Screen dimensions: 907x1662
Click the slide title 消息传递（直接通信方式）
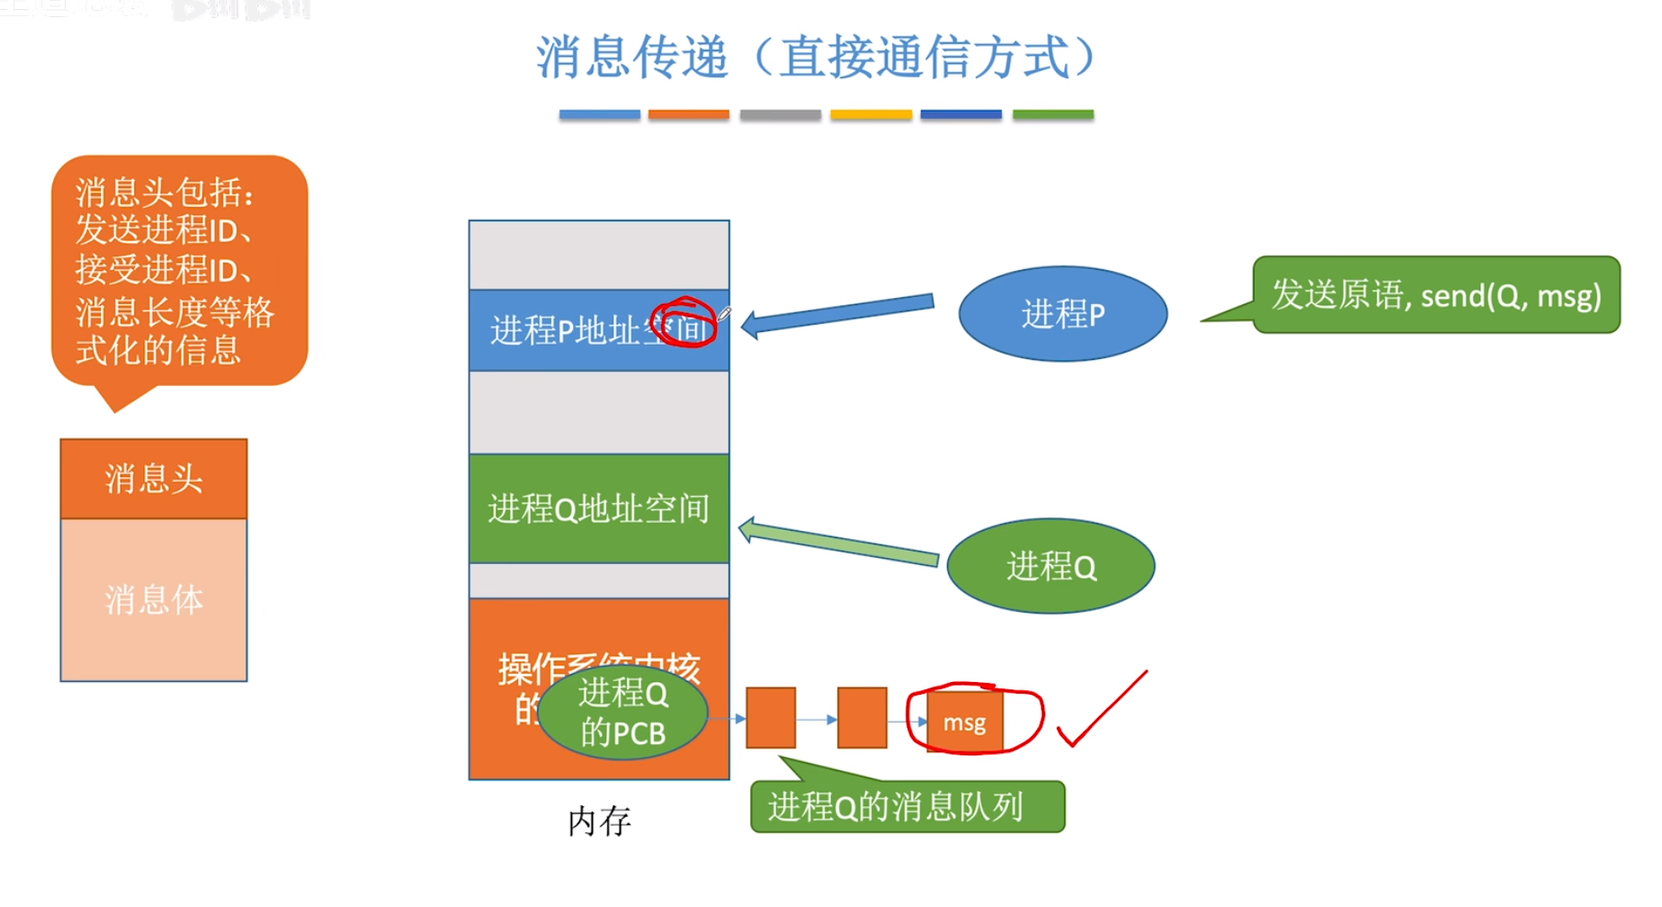815,58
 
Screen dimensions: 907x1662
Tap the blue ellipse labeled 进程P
1063,314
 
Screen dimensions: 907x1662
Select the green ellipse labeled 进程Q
1050,566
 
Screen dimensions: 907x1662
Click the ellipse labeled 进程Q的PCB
622,713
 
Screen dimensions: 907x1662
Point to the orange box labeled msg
964,722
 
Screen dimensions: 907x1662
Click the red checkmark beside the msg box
1102,711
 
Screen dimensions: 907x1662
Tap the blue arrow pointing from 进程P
838,313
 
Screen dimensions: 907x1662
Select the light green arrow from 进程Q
838,543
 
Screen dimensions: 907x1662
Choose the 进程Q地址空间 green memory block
599,508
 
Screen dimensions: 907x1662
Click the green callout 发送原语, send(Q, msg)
1435,295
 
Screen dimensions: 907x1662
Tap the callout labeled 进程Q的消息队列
907,806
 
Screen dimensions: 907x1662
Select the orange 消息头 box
154,479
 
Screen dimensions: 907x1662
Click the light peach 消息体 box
154,599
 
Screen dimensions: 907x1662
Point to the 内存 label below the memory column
599,821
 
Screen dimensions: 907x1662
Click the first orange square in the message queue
771,718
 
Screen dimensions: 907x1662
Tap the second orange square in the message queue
862,718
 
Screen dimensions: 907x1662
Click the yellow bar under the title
871,114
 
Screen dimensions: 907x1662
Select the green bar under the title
1052,114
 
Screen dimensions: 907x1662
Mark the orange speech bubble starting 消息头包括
179,271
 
